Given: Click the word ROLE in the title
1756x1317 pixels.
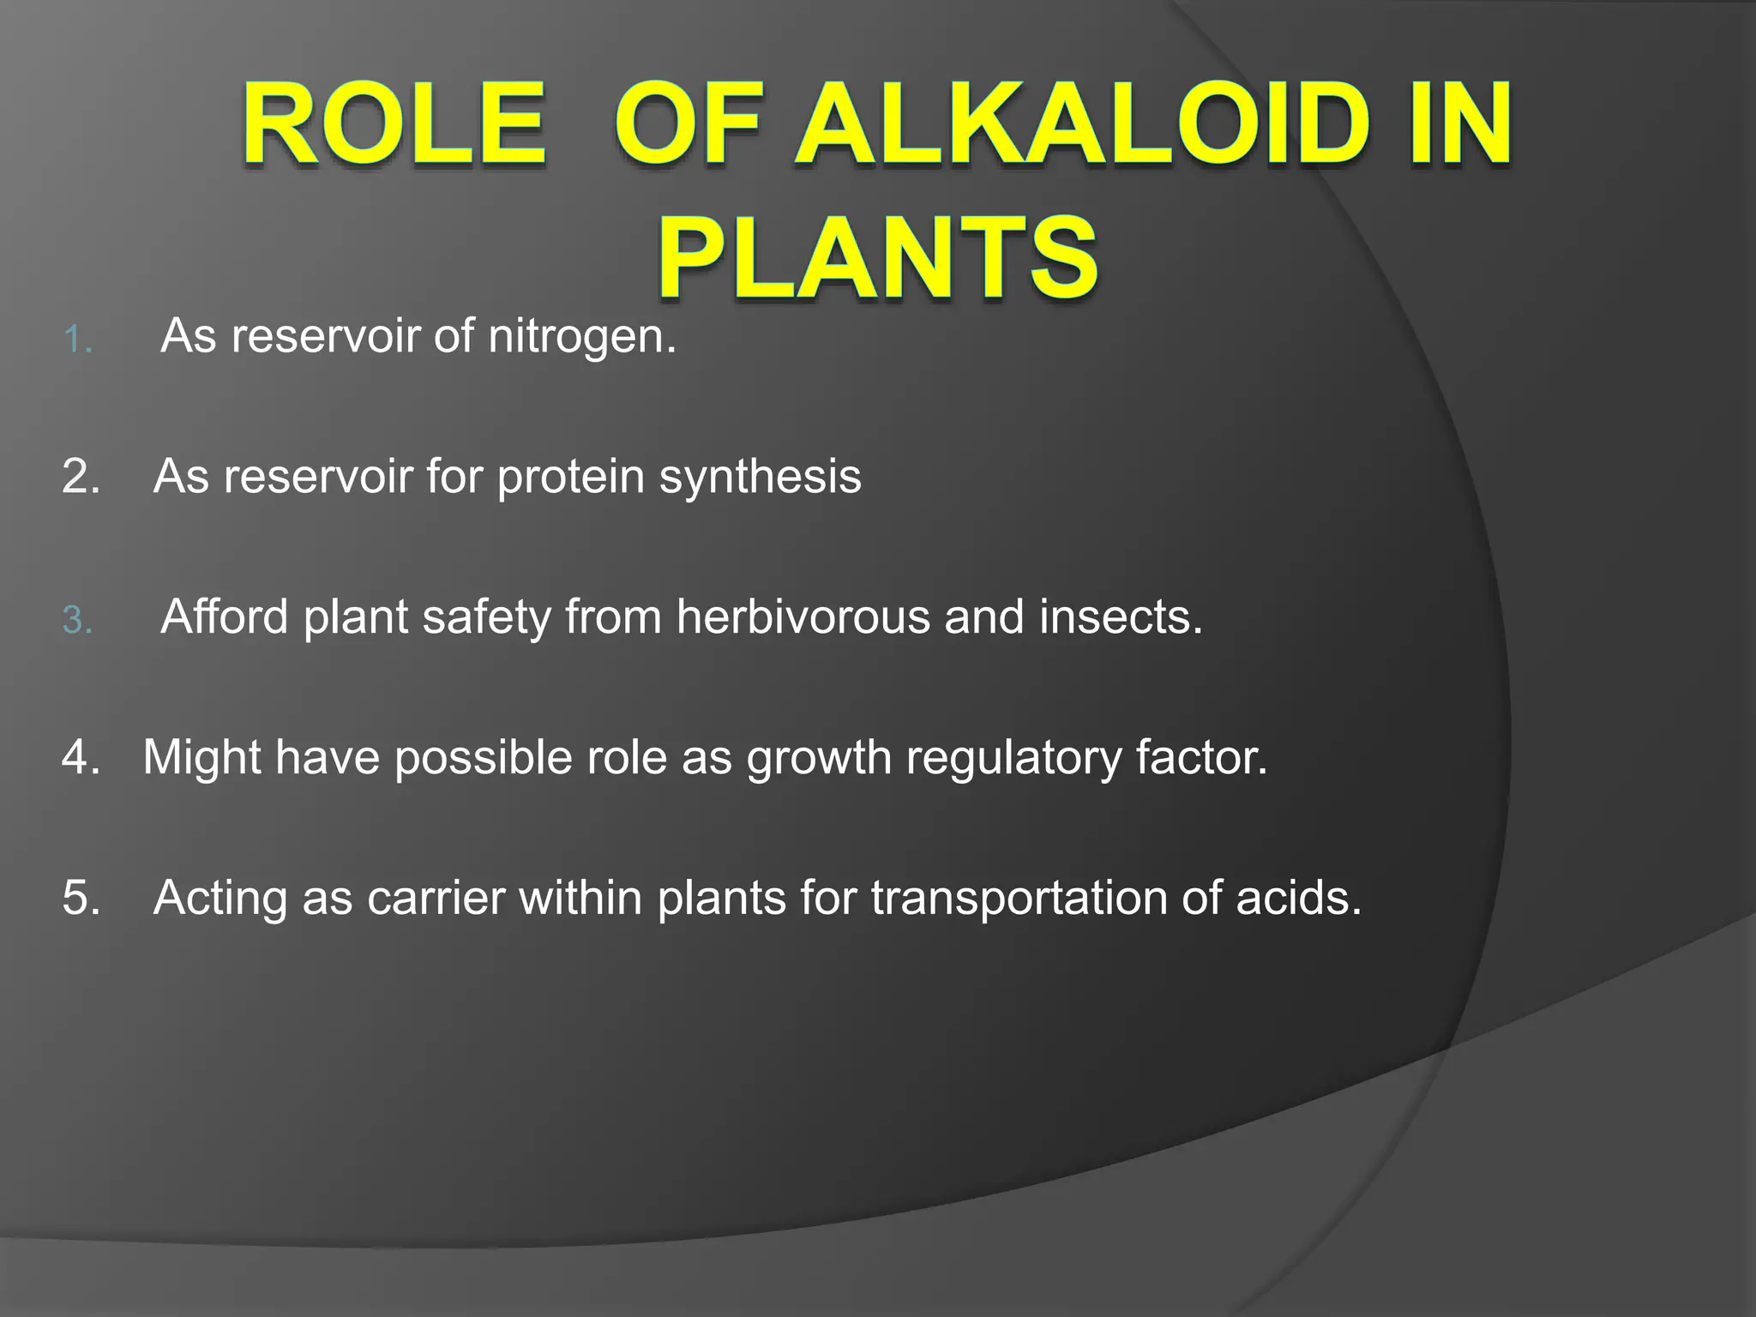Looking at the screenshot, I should pos(394,124).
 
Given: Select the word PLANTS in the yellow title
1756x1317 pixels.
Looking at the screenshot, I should pos(878,258).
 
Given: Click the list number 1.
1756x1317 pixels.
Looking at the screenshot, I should pos(77,340).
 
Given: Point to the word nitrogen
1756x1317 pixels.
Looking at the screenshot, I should pos(582,336).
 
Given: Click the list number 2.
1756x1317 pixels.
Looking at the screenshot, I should pos(81,477).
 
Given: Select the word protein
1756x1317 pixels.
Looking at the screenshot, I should pos(571,477).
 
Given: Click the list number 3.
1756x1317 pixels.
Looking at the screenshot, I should pos(77,621).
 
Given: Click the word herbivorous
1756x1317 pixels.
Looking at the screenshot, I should pos(803,617).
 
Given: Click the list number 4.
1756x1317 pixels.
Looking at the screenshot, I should pos(81,758).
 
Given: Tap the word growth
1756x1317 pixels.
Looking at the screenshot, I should pos(819,758).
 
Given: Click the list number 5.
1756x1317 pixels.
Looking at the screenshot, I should pos(81,899).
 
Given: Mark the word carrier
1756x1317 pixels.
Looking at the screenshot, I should pos(436,899).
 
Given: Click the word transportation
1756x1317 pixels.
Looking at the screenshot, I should pos(1019,899).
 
